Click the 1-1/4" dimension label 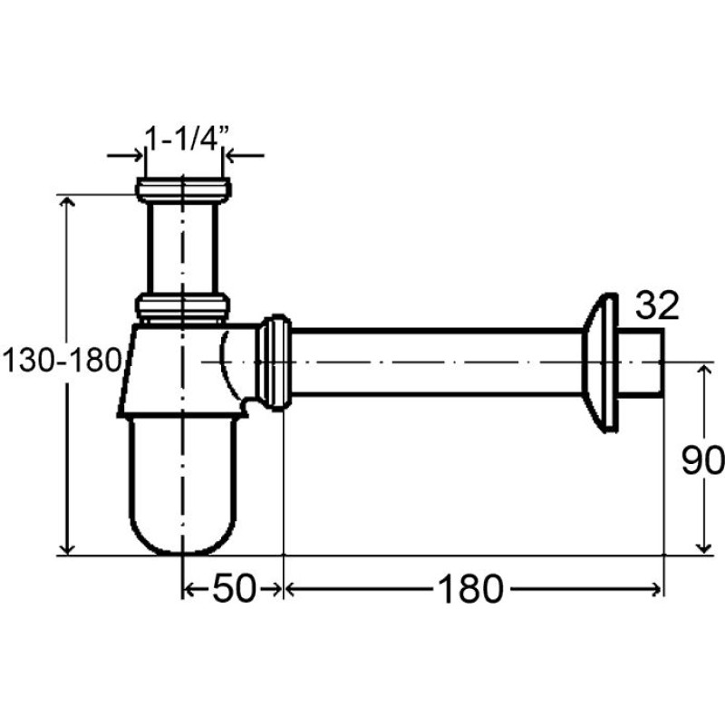point(188,138)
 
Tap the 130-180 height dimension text point(62,360)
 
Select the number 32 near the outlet point(657,305)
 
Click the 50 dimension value point(234,588)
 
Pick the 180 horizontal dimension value point(470,588)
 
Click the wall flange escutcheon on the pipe point(599,363)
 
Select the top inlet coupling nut point(184,190)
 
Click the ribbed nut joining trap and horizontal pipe point(274,362)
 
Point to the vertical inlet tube point(183,248)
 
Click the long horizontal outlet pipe point(437,363)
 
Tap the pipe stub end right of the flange point(641,362)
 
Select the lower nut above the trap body point(183,307)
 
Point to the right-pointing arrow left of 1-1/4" point(125,155)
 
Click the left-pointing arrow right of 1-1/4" point(244,155)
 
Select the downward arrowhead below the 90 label point(703,547)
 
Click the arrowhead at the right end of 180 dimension point(656,589)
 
